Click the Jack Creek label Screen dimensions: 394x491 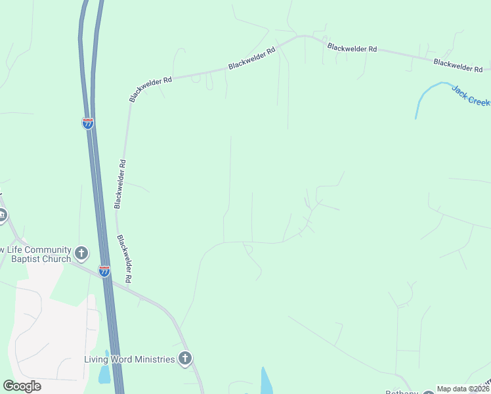click(x=471, y=96)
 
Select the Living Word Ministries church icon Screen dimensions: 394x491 click(x=186, y=359)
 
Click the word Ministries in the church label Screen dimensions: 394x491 click(x=152, y=359)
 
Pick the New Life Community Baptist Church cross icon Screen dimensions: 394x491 click(x=81, y=252)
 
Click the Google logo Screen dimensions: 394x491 click(x=22, y=386)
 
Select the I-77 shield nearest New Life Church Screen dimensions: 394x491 click(x=104, y=271)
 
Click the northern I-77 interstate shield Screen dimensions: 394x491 click(x=88, y=123)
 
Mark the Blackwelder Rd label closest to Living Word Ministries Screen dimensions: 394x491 click(x=125, y=259)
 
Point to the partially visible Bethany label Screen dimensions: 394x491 click(x=402, y=392)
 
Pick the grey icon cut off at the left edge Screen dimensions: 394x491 click(x=2, y=215)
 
